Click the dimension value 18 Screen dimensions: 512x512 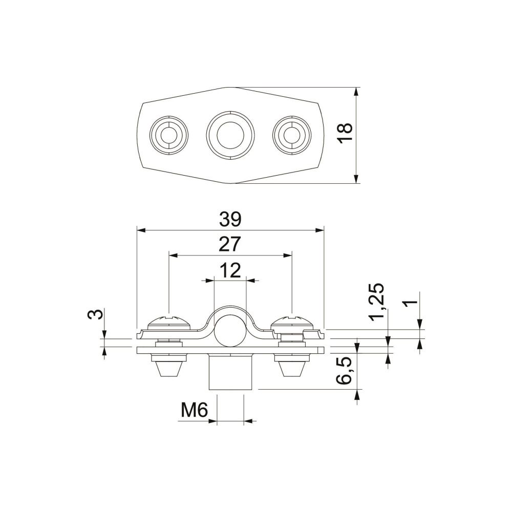click(x=345, y=133)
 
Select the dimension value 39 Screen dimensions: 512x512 click(x=230, y=220)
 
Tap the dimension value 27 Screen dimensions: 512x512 click(x=230, y=244)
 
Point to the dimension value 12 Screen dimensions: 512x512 click(x=230, y=270)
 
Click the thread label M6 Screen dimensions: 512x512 click(x=195, y=410)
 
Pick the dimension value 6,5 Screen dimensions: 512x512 click(x=345, y=370)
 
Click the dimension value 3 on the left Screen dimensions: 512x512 click(x=95, y=314)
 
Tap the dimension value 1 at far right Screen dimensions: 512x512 click(x=411, y=303)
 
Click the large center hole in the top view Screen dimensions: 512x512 click(x=230, y=135)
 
